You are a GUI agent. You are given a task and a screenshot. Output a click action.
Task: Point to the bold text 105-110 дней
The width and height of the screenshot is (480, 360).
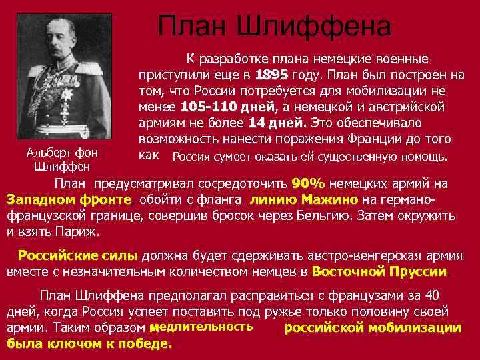click(x=226, y=107)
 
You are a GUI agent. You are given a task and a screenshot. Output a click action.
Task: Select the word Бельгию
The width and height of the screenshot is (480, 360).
click(x=323, y=216)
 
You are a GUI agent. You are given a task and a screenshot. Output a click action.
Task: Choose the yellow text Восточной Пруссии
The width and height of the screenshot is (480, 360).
click(x=381, y=271)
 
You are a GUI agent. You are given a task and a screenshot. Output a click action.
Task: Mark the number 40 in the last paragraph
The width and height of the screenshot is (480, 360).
click(x=432, y=295)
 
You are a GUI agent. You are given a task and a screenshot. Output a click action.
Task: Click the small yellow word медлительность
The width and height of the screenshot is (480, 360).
click(x=201, y=327)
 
